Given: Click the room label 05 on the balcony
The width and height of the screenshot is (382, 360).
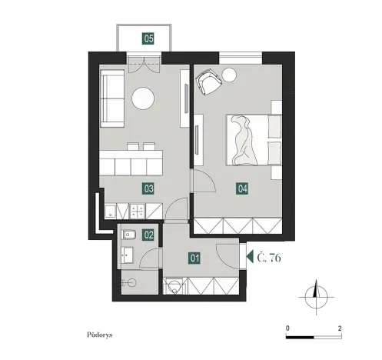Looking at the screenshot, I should [148, 37].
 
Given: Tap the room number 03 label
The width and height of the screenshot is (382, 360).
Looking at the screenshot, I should [148, 187].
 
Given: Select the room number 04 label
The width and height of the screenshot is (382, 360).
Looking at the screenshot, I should [242, 187].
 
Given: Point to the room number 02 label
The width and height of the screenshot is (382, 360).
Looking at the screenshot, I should [149, 235].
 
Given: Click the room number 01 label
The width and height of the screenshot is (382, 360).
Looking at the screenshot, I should [194, 259].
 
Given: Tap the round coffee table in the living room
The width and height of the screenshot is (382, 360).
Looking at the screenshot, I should [143, 98].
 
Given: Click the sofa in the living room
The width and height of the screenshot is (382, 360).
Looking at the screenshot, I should [113, 98].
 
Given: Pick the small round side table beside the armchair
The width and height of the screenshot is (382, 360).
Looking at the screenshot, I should [230, 75].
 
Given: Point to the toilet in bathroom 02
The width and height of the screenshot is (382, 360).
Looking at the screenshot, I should [128, 235].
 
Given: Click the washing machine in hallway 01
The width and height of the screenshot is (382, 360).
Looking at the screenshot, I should [175, 286].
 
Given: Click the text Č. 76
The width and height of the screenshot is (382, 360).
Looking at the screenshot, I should [268, 258].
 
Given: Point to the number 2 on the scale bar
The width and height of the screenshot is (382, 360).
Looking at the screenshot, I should [339, 328].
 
